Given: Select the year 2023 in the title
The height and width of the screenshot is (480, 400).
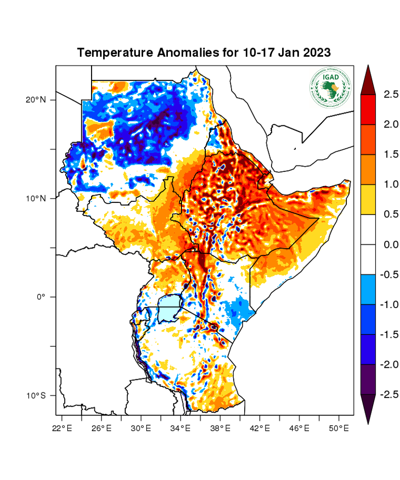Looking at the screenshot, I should pyautogui.click(x=317, y=53).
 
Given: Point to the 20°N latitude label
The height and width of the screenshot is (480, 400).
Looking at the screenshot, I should pyautogui.click(x=35, y=100).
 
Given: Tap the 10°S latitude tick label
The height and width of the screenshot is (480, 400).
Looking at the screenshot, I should pyautogui.click(x=35, y=395).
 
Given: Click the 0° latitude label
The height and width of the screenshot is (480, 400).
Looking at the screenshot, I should pyautogui.click(x=41, y=297).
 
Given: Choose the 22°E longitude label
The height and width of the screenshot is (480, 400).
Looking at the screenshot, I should pyautogui.click(x=62, y=428).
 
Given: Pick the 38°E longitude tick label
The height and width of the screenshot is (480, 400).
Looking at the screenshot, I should pyautogui.click(x=220, y=428).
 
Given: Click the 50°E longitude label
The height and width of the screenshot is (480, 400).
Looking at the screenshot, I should pyautogui.click(x=339, y=428).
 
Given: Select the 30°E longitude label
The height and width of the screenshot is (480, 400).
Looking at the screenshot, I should pyautogui.click(x=141, y=428).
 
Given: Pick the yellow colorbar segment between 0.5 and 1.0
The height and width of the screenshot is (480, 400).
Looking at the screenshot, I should pyautogui.click(x=368, y=199).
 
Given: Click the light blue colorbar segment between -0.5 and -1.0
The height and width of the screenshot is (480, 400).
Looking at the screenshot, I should pyautogui.click(x=368, y=289).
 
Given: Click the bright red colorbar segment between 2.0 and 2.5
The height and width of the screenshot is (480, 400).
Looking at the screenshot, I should pyautogui.click(x=368, y=109).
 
